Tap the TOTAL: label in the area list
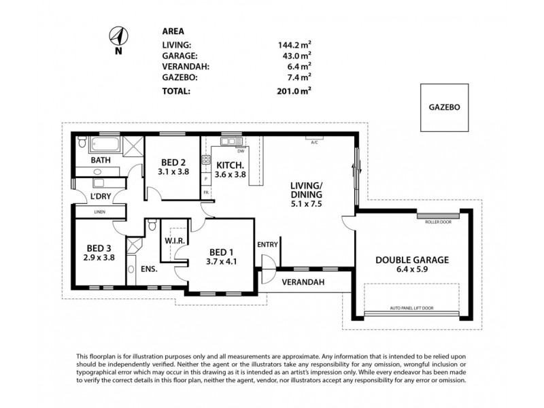[177, 90]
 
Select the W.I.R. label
[172, 240]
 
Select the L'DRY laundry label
[101, 197]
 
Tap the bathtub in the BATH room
[107, 145]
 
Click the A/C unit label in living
[314, 143]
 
